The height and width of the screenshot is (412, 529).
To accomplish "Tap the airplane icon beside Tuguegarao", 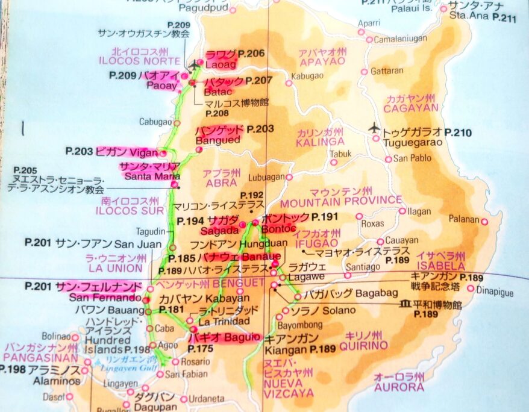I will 374,128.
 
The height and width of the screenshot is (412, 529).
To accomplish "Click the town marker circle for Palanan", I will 484,222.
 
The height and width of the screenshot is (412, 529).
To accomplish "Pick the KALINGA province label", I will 320,142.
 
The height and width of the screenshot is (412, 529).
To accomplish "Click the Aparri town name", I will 369,23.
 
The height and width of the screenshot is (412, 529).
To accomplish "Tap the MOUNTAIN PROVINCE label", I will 340,200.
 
